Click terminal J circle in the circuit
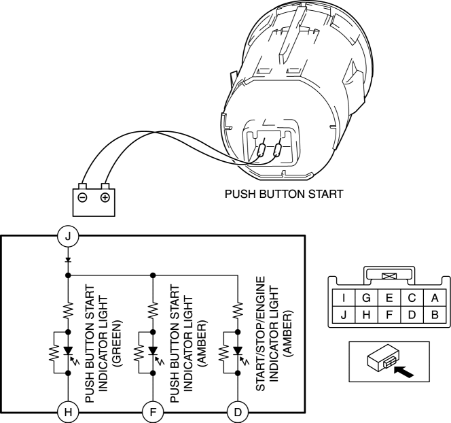pyautogui.click(x=67, y=236)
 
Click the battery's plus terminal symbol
pyautogui.click(x=105, y=198)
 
